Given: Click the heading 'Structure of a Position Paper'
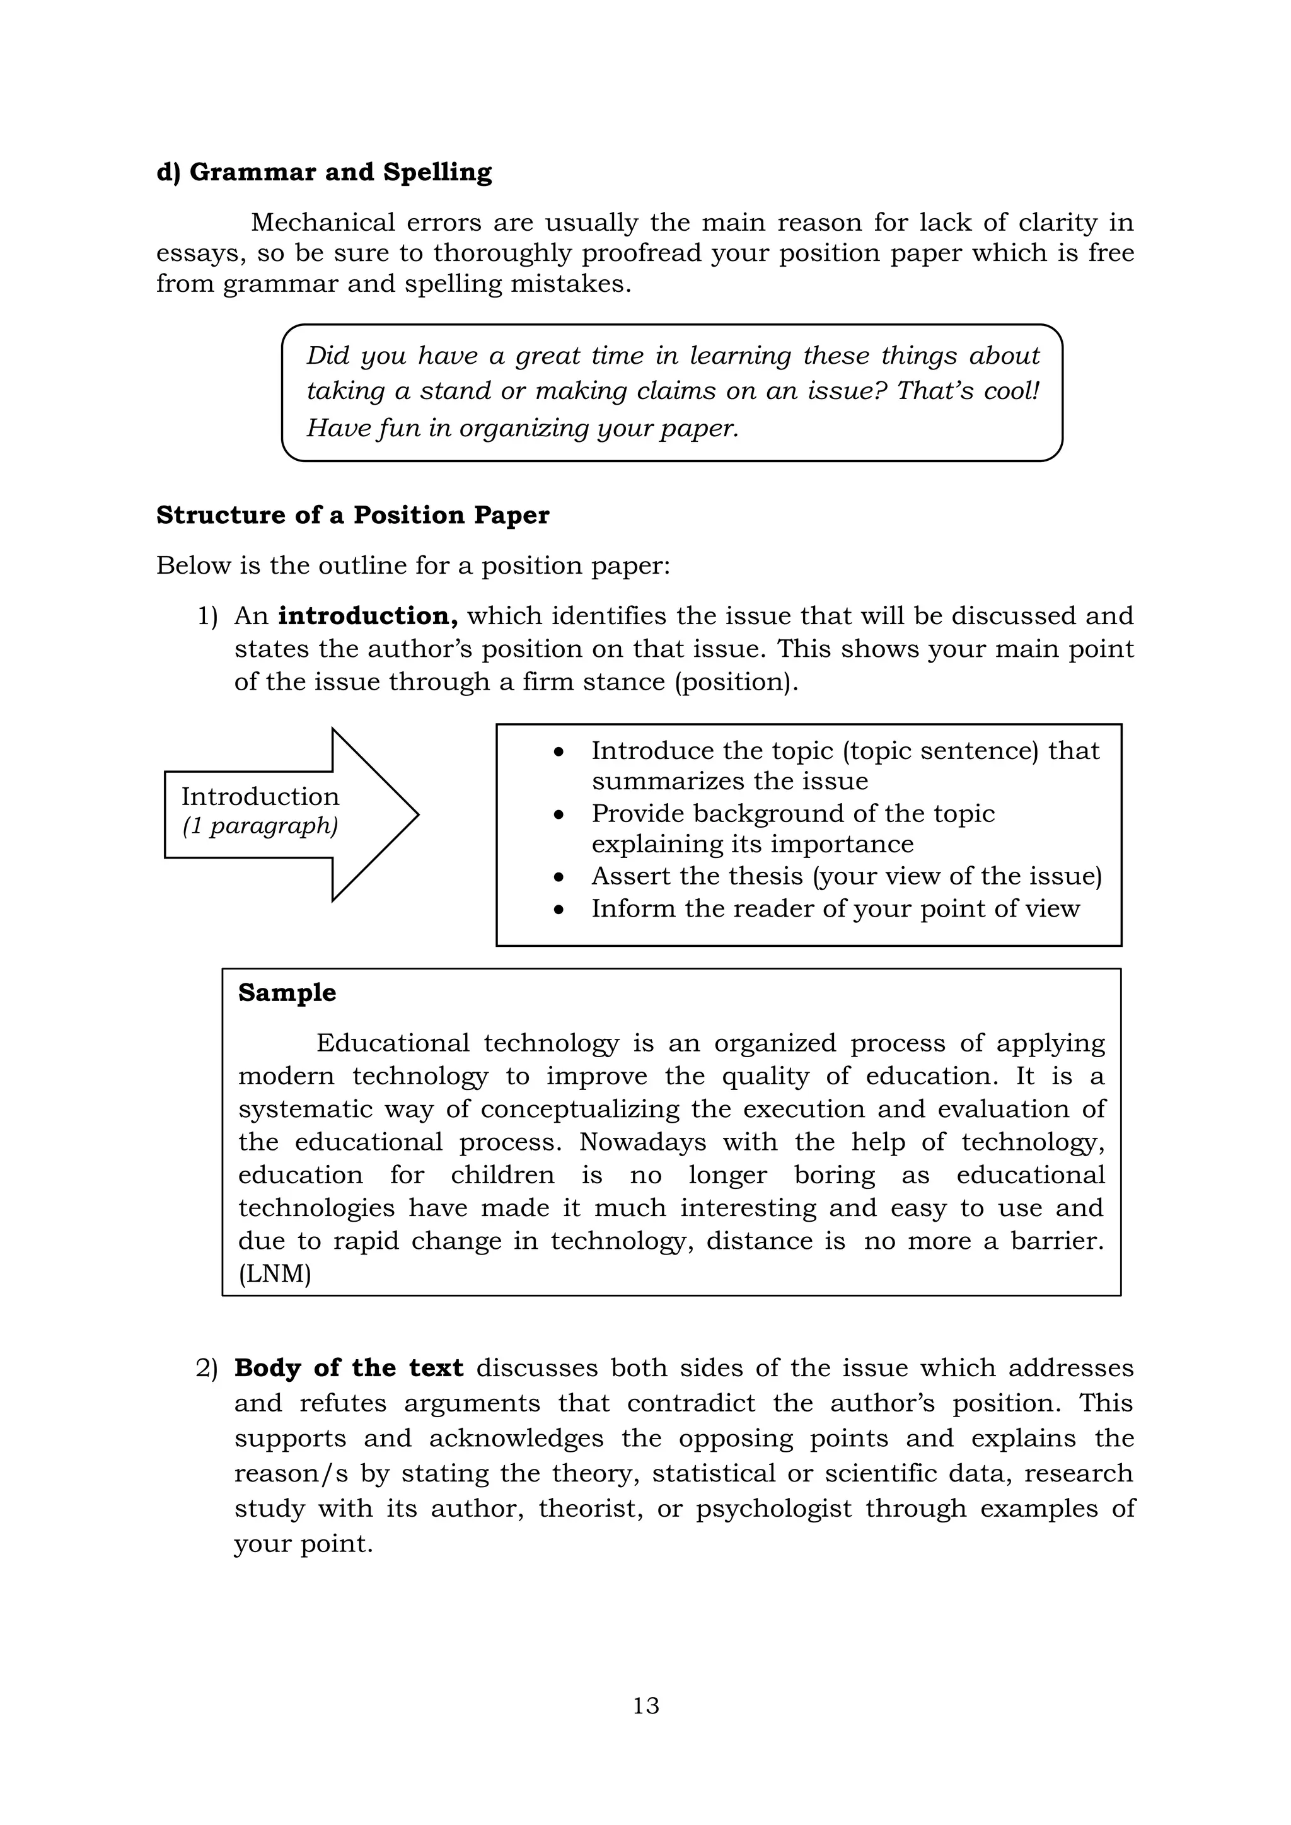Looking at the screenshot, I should [x=352, y=515].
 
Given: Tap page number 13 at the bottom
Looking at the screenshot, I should [x=645, y=1705].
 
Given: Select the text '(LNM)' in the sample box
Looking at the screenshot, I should [x=274, y=1273].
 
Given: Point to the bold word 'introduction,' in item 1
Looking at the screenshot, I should [x=368, y=616].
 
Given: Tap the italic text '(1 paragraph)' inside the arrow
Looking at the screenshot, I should [x=260, y=826].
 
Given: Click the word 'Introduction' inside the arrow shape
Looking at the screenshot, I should [x=260, y=796].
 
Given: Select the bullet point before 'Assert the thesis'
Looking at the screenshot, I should [x=560, y=878].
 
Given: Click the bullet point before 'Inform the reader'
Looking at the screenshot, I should [x=560, y=909].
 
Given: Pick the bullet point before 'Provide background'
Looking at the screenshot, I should [x=560, y=814].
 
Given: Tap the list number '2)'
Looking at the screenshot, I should [x=207, y=1368].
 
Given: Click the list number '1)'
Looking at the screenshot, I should [x=207, y=616].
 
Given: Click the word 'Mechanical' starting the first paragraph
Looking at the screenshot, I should [x=322, y=223].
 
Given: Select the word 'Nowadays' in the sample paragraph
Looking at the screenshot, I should [x=642, y=1142].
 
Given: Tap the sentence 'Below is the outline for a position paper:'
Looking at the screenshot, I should [x=414, y=566].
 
